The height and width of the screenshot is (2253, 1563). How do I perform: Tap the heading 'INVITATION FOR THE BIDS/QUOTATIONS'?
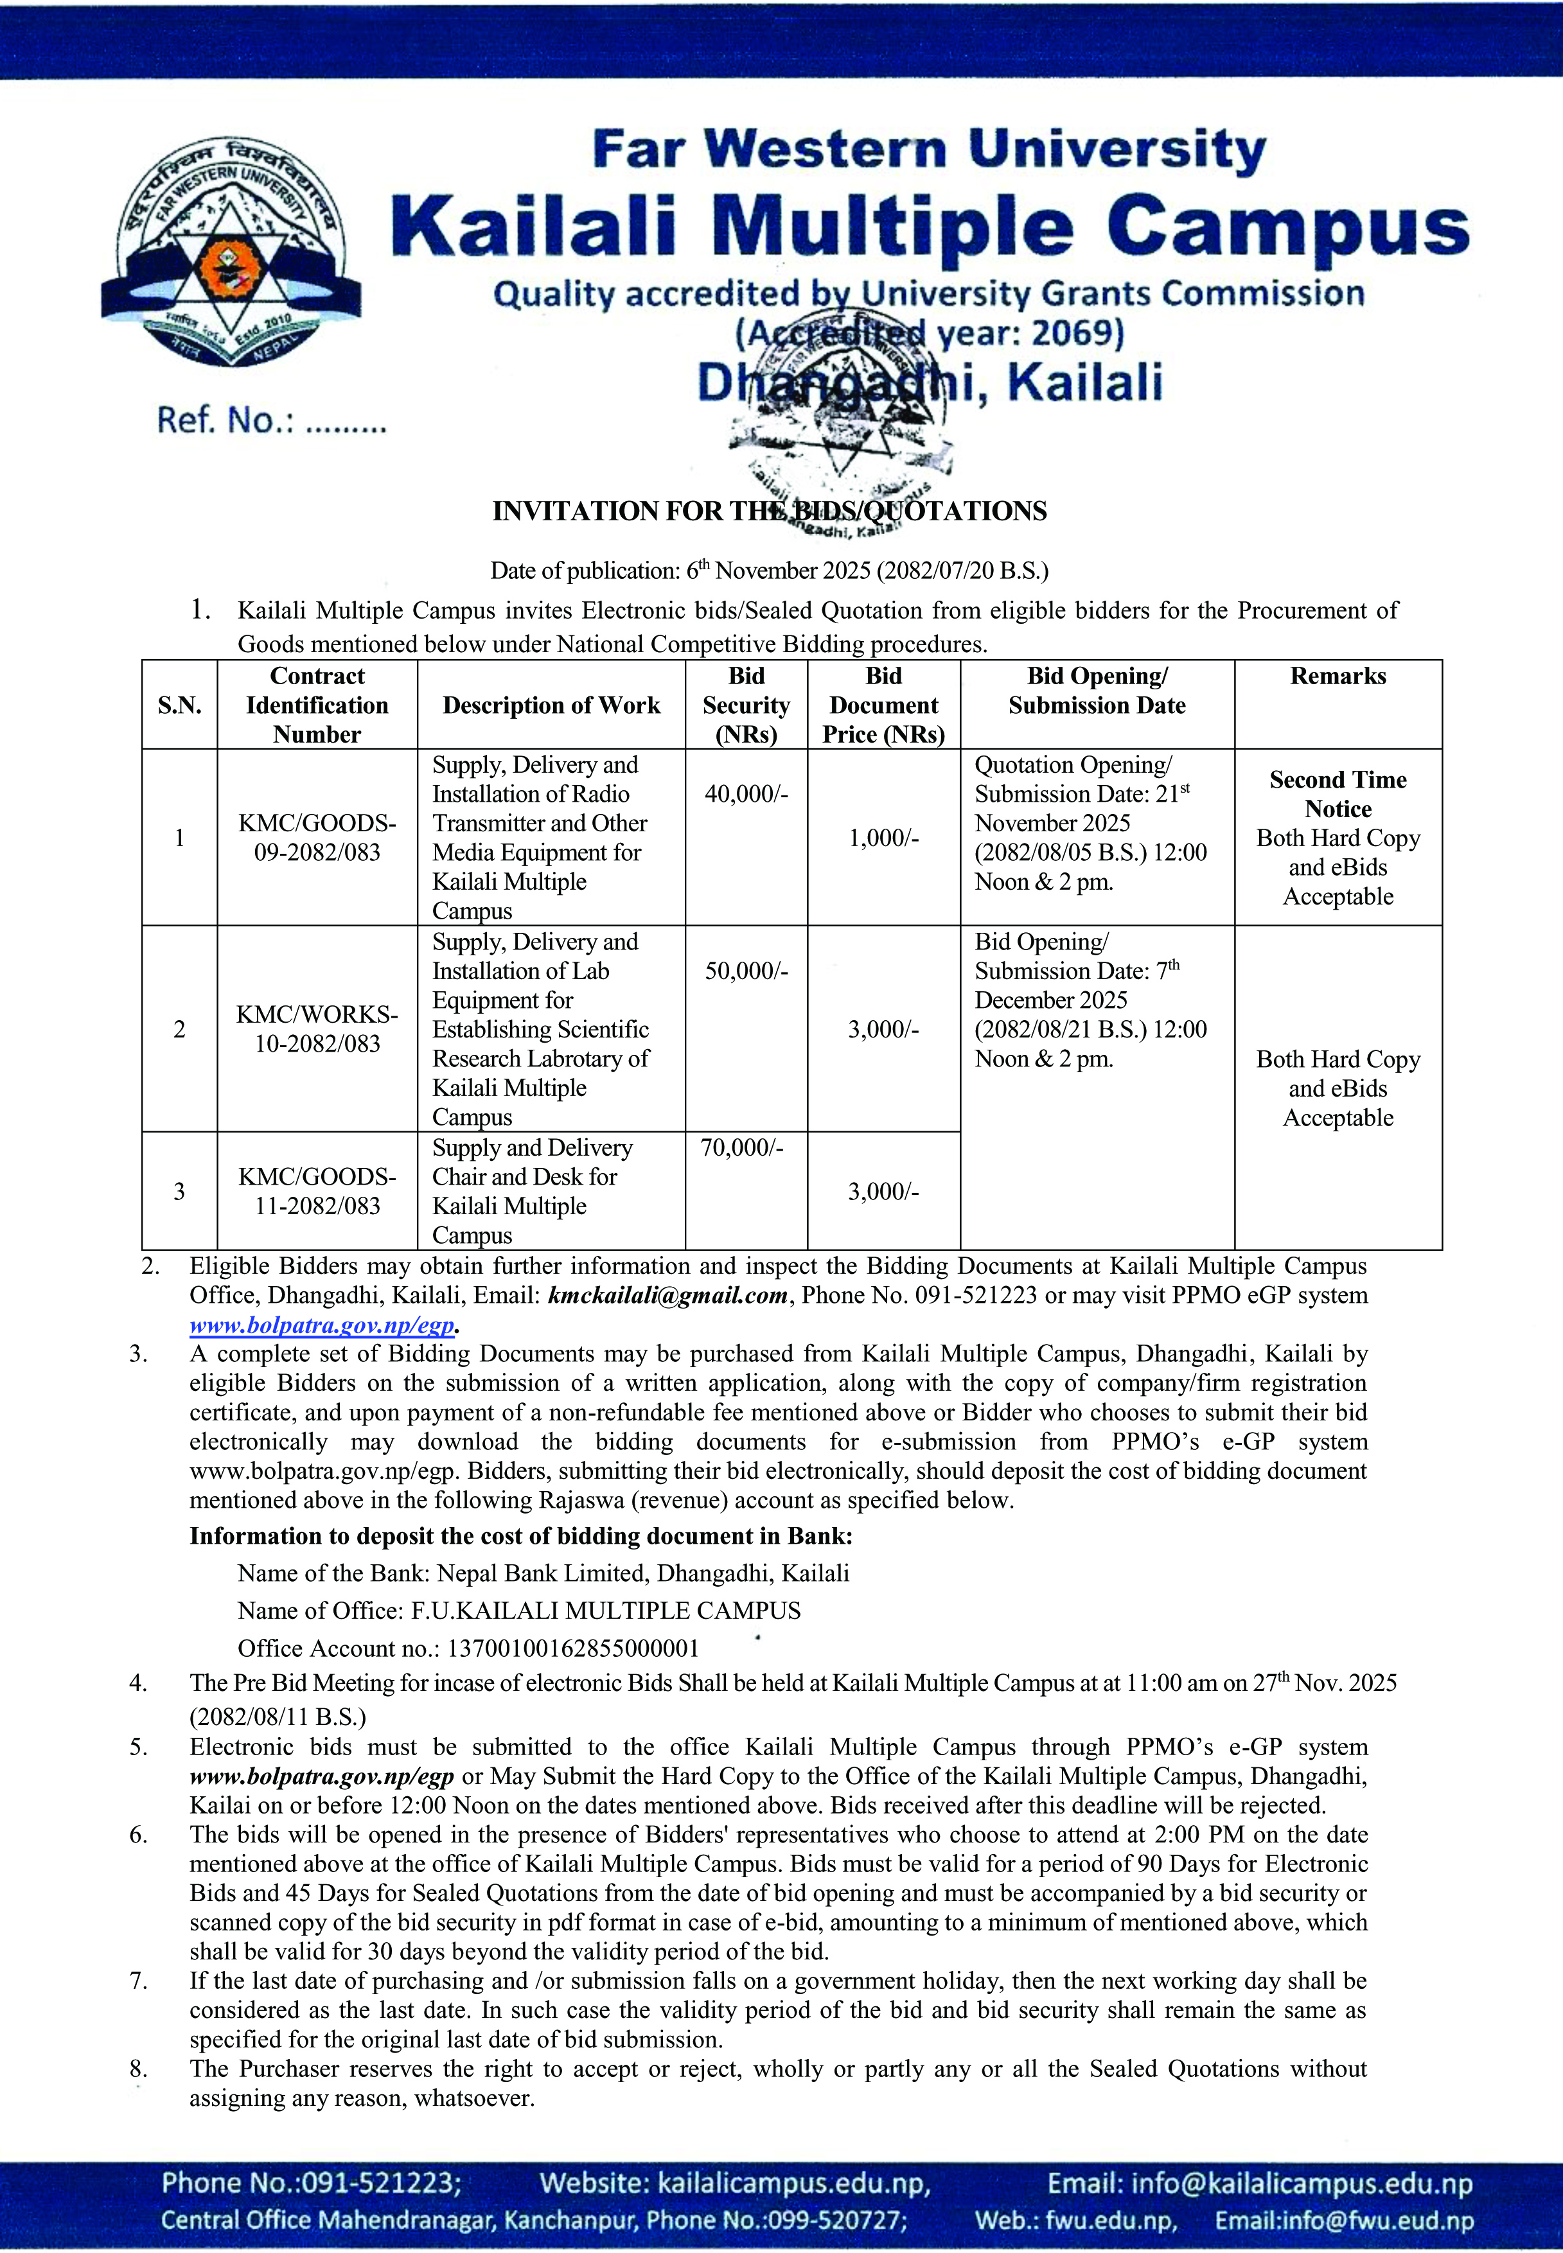point(769,511)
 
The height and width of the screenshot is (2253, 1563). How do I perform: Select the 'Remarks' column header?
point(1337,676)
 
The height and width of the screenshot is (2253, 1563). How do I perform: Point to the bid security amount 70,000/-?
point(741,1147)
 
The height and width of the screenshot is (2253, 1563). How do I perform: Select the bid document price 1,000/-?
point(883,838)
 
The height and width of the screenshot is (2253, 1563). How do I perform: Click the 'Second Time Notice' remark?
point(1337,794)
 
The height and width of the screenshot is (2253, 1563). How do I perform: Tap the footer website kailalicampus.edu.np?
point(793,2184)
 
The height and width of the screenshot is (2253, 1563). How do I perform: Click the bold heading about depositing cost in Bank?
point(521,1536)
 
